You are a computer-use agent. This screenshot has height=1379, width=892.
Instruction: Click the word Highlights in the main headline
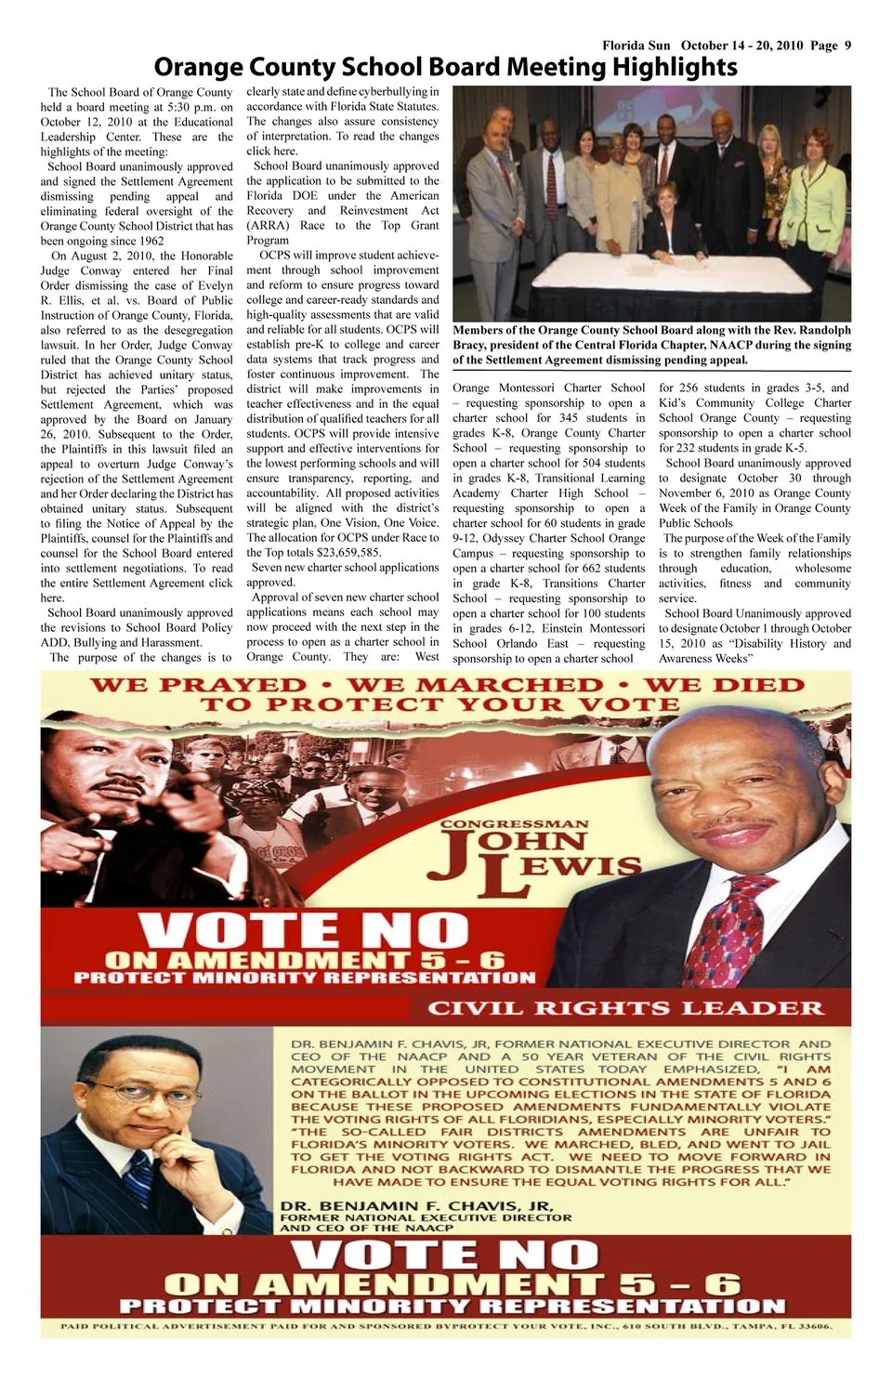tap(675, 67)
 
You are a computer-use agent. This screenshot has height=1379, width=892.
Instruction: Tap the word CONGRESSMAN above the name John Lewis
tap(514, 824)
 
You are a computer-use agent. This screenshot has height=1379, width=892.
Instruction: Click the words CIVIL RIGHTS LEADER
tap(624, 1008)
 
